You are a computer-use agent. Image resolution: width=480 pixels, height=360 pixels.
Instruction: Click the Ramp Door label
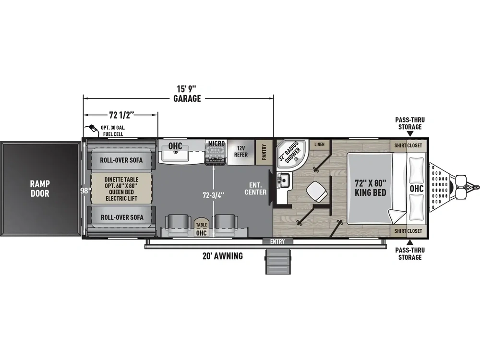40,189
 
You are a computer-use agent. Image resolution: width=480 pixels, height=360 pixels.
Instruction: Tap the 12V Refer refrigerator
241,152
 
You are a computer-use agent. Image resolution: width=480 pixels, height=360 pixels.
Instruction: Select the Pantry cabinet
264,152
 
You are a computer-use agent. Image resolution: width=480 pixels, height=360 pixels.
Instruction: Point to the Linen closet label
319,144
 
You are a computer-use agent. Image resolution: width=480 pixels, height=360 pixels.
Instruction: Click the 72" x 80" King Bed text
371,188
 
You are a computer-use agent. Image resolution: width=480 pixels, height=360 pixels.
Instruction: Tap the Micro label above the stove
216,143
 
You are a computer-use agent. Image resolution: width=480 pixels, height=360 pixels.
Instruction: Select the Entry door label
277,241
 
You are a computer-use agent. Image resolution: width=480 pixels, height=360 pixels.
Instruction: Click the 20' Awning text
223,256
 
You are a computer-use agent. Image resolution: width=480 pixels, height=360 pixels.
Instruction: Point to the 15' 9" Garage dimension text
187,94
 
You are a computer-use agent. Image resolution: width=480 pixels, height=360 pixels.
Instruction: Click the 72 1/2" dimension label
121,115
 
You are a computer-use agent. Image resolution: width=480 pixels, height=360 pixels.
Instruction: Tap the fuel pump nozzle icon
93,130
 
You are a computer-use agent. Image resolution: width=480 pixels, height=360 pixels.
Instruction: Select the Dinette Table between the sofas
121,189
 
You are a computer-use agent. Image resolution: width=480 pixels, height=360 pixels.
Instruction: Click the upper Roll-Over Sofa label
121,160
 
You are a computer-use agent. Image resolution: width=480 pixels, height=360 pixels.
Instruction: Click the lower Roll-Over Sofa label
122,217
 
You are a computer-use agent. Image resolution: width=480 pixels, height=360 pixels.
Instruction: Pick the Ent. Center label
255,189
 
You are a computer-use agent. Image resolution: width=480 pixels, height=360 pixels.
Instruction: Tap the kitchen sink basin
175,155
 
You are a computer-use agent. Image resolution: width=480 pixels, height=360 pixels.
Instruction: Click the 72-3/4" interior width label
214,195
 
